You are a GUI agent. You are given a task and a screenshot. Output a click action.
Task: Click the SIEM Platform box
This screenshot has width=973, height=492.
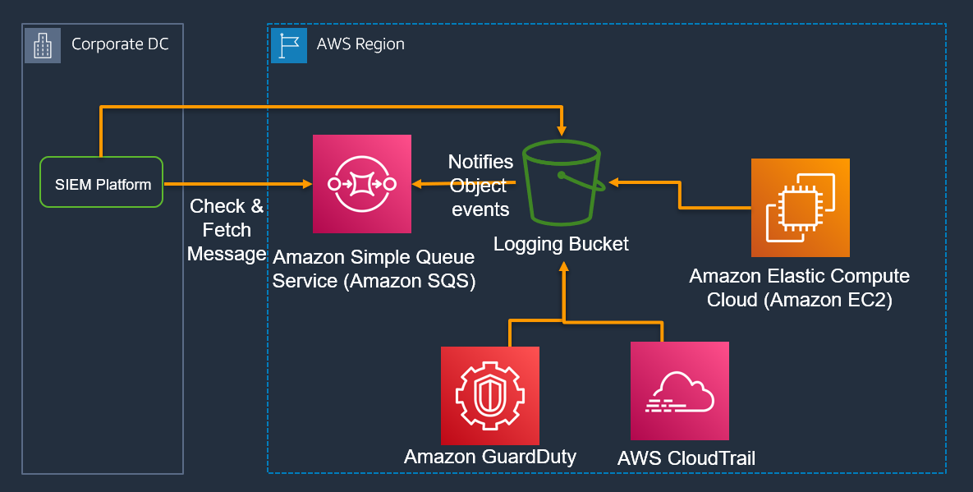[x=102, y=182]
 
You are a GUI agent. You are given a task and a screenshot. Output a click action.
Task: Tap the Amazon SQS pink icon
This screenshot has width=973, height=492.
[x=361, y=184]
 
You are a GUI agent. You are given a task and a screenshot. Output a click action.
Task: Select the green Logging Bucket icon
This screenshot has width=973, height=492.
[x=562, y=183]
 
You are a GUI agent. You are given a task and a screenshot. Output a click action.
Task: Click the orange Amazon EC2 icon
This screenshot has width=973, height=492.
[x=800, y=208]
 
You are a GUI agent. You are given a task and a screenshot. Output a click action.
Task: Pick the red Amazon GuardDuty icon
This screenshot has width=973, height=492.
[x=489, y=395]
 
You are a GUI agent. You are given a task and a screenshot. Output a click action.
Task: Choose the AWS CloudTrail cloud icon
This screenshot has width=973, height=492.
[x=679, y=391]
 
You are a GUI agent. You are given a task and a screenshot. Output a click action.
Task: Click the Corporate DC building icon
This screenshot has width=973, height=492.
[x=42, y=44]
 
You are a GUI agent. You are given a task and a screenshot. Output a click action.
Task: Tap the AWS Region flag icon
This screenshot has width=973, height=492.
[x=288, y=44]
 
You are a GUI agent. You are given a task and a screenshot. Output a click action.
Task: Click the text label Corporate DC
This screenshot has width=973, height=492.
[x=120, y=44]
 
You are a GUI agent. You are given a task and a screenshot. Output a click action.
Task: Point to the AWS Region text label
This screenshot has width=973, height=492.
[x=360, y=44]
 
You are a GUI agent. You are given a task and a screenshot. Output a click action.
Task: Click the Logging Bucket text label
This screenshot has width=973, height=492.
[x=561, y=243]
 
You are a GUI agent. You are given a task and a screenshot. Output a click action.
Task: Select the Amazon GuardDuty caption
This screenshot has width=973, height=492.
[x=489, y=457]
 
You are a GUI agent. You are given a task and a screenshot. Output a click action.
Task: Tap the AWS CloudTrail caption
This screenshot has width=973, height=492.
[x=686, y=458]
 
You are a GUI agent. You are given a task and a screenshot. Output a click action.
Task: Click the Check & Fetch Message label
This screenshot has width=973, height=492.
[x=227, y=230]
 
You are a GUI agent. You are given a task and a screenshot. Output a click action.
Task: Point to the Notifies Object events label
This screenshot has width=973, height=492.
[x=480, y=186]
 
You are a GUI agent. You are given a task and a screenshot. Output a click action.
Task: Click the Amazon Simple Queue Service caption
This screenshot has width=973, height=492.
[x=374, y=269]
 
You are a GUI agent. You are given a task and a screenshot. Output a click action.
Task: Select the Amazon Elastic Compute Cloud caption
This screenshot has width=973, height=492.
[x=799, y=287]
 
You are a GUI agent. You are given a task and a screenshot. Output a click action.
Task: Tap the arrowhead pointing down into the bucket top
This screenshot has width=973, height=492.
[x=562, y=130]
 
